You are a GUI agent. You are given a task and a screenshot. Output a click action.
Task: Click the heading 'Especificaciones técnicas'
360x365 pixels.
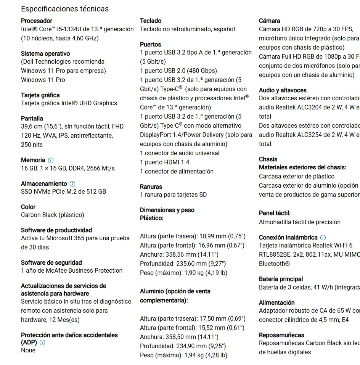64,9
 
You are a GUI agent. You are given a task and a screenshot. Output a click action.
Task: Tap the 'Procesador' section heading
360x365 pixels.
37,21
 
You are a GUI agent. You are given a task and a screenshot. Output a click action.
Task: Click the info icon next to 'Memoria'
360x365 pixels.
51,161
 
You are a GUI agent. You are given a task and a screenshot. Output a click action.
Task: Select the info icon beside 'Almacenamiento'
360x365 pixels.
72,184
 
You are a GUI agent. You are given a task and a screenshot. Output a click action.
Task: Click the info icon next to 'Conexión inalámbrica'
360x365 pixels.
323,238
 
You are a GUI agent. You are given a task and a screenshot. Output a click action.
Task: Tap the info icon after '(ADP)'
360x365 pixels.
42,342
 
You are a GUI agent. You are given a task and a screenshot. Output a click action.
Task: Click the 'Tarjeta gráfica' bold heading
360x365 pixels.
40,95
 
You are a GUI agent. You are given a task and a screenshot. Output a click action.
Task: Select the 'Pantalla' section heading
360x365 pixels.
32,118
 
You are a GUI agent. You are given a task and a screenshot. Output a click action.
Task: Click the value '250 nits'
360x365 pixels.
32,145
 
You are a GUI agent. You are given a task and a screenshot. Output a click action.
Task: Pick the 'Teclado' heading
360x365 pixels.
151,21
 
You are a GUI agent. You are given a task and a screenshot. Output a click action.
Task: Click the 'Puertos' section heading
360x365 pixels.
151,44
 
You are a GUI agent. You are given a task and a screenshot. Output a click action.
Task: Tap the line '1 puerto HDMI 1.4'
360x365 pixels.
165,162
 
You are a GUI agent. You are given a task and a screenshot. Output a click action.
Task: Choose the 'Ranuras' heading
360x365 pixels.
151,187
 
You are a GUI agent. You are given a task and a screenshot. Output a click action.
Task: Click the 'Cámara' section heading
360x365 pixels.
269,21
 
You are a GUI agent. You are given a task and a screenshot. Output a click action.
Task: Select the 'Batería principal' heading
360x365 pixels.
281,279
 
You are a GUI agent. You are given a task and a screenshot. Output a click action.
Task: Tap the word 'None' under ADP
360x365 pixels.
28,350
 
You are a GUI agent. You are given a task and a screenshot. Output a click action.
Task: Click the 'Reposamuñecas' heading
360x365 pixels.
281,335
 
